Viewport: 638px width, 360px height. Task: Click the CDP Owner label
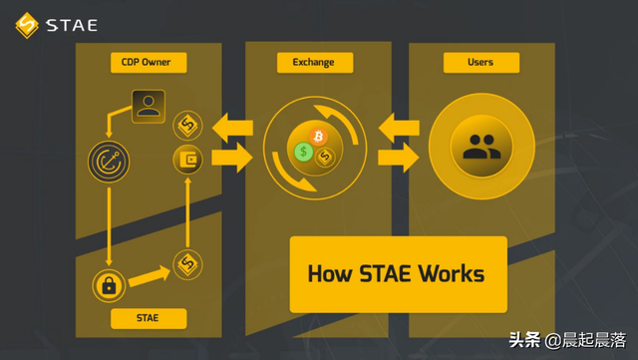tap(147, 63)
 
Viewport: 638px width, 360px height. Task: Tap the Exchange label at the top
tap(313, 63)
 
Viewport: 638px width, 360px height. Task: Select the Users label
tap(481, 63)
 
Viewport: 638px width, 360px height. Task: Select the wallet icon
tap(187, 158)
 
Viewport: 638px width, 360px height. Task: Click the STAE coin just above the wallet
tap(187, 126)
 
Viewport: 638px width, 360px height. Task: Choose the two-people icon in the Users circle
tap(480, 147)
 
